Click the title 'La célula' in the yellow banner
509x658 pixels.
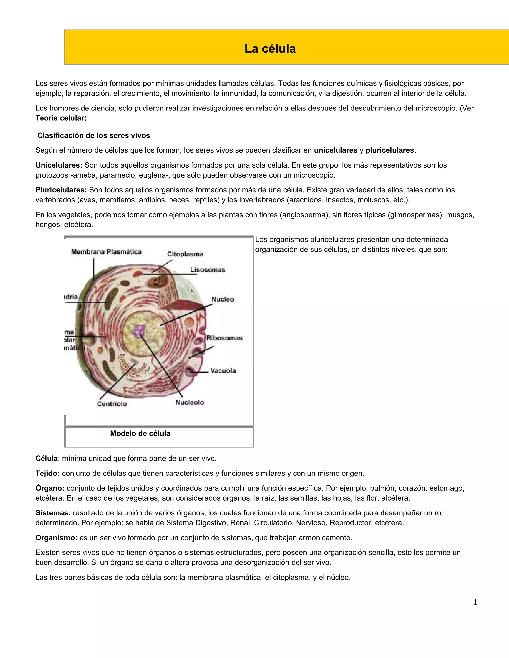(270, 48)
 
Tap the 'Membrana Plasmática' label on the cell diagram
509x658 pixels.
(106, 252)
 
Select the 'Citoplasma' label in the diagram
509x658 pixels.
(185, 254)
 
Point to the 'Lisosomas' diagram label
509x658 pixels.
(208, 270)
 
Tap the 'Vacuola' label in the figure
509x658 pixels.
(223, 370)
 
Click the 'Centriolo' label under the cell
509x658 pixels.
(112, 404)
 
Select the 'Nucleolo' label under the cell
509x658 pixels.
(190, 402)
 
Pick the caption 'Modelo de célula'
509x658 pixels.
(140, 433)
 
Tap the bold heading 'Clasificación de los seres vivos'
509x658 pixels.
(93, 135)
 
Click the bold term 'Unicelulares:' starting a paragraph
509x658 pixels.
(59, 165)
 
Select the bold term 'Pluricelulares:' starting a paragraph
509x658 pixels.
(61, 190)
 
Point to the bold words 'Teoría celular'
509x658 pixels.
(60, 118)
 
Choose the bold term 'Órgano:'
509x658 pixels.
(50, 488)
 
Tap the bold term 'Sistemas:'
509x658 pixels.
(53, 513)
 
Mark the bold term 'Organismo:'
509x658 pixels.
(56, 538)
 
